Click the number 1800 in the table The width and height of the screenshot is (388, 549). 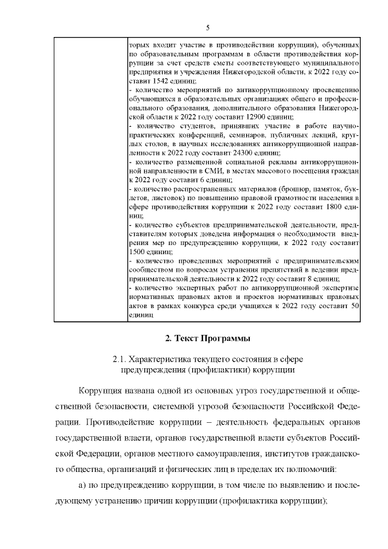pos(335,206)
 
